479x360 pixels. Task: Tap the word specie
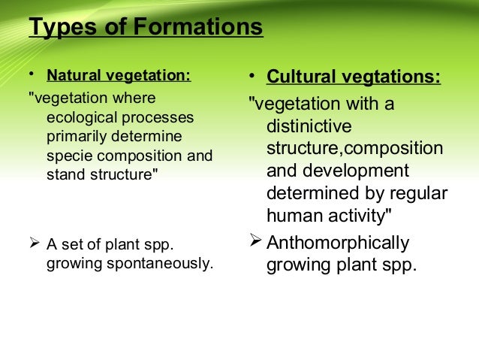[x=68, y=156]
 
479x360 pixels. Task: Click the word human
[x=295, y=215]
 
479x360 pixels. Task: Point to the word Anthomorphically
[x=339, y=243]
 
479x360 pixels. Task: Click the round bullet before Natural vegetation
[x=31, y=75]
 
